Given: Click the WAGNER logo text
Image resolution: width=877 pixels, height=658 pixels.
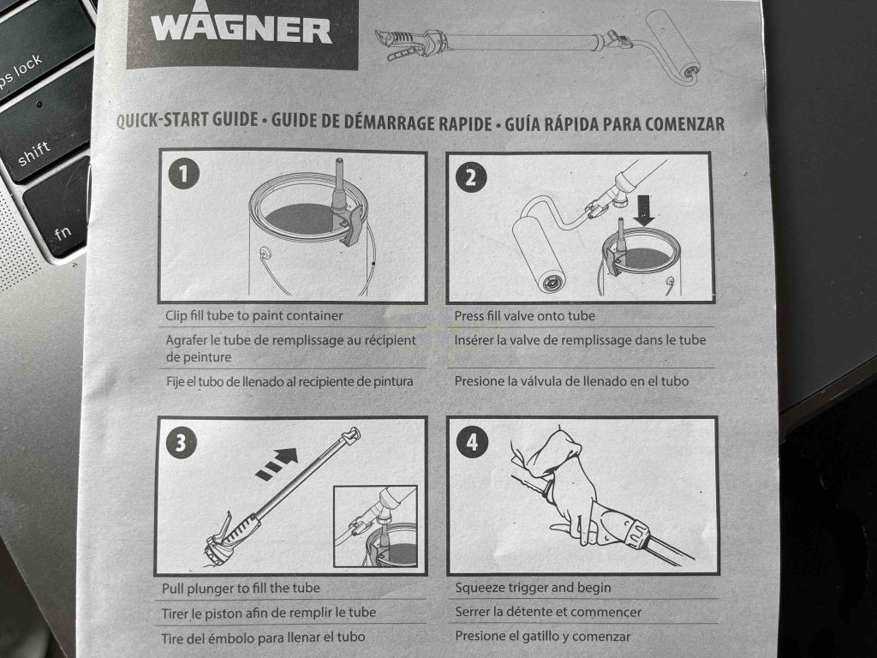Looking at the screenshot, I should click(x=242, y=31).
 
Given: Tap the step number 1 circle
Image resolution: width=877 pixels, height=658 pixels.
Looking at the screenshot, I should click(x=182, y=175).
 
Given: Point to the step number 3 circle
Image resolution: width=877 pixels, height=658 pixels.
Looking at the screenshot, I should click(x=182, y=442).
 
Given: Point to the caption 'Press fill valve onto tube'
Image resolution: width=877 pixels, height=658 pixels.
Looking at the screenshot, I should click(x=524, y=315).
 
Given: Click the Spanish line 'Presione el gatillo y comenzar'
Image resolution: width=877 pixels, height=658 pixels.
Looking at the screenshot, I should click(x=542, y=637).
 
